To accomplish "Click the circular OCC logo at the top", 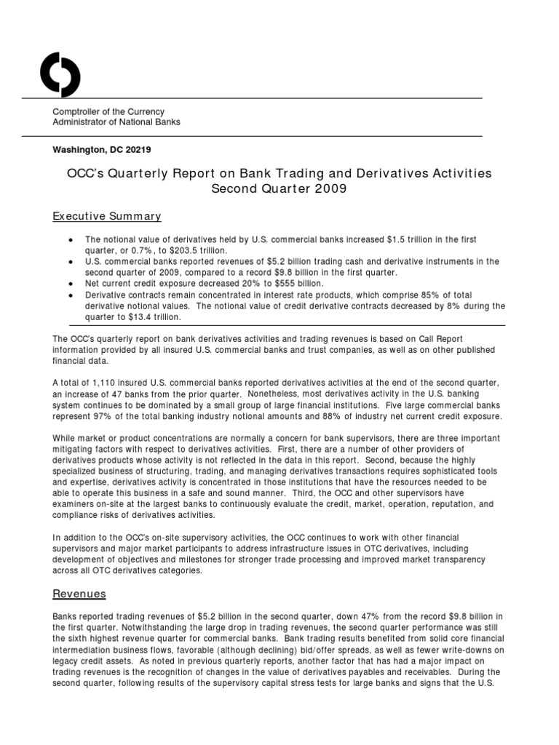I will pyautogui.click(x=60, y=75).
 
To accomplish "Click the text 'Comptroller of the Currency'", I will pyautogui.click(x=108, y=111).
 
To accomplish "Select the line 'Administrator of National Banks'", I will pyautogui.click(x=116, y=122).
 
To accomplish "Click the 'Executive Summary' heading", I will pyautogui.click(x=106, y=217).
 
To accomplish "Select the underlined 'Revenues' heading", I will pyautogui.click(x=79, y=594).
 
